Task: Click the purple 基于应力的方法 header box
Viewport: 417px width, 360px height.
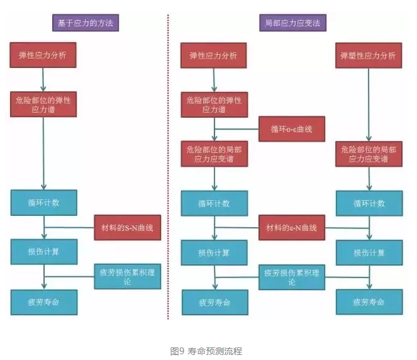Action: tap(86, 23)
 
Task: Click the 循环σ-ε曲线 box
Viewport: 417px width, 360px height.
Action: tap(292, 129)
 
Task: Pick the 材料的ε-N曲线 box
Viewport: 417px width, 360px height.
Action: tap(292, 227)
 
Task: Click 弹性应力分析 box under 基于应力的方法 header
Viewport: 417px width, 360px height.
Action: tap(43, 55)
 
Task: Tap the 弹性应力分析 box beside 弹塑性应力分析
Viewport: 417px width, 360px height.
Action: tap(214, 55)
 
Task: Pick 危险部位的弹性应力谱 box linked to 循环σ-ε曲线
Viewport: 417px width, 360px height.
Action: tap(214, 104)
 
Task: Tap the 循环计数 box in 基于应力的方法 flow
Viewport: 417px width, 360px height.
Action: tap(43, 203)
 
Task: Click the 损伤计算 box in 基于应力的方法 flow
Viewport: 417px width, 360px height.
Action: tap(43, 252)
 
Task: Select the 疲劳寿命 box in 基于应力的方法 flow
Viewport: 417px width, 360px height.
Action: tap(43, 302)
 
